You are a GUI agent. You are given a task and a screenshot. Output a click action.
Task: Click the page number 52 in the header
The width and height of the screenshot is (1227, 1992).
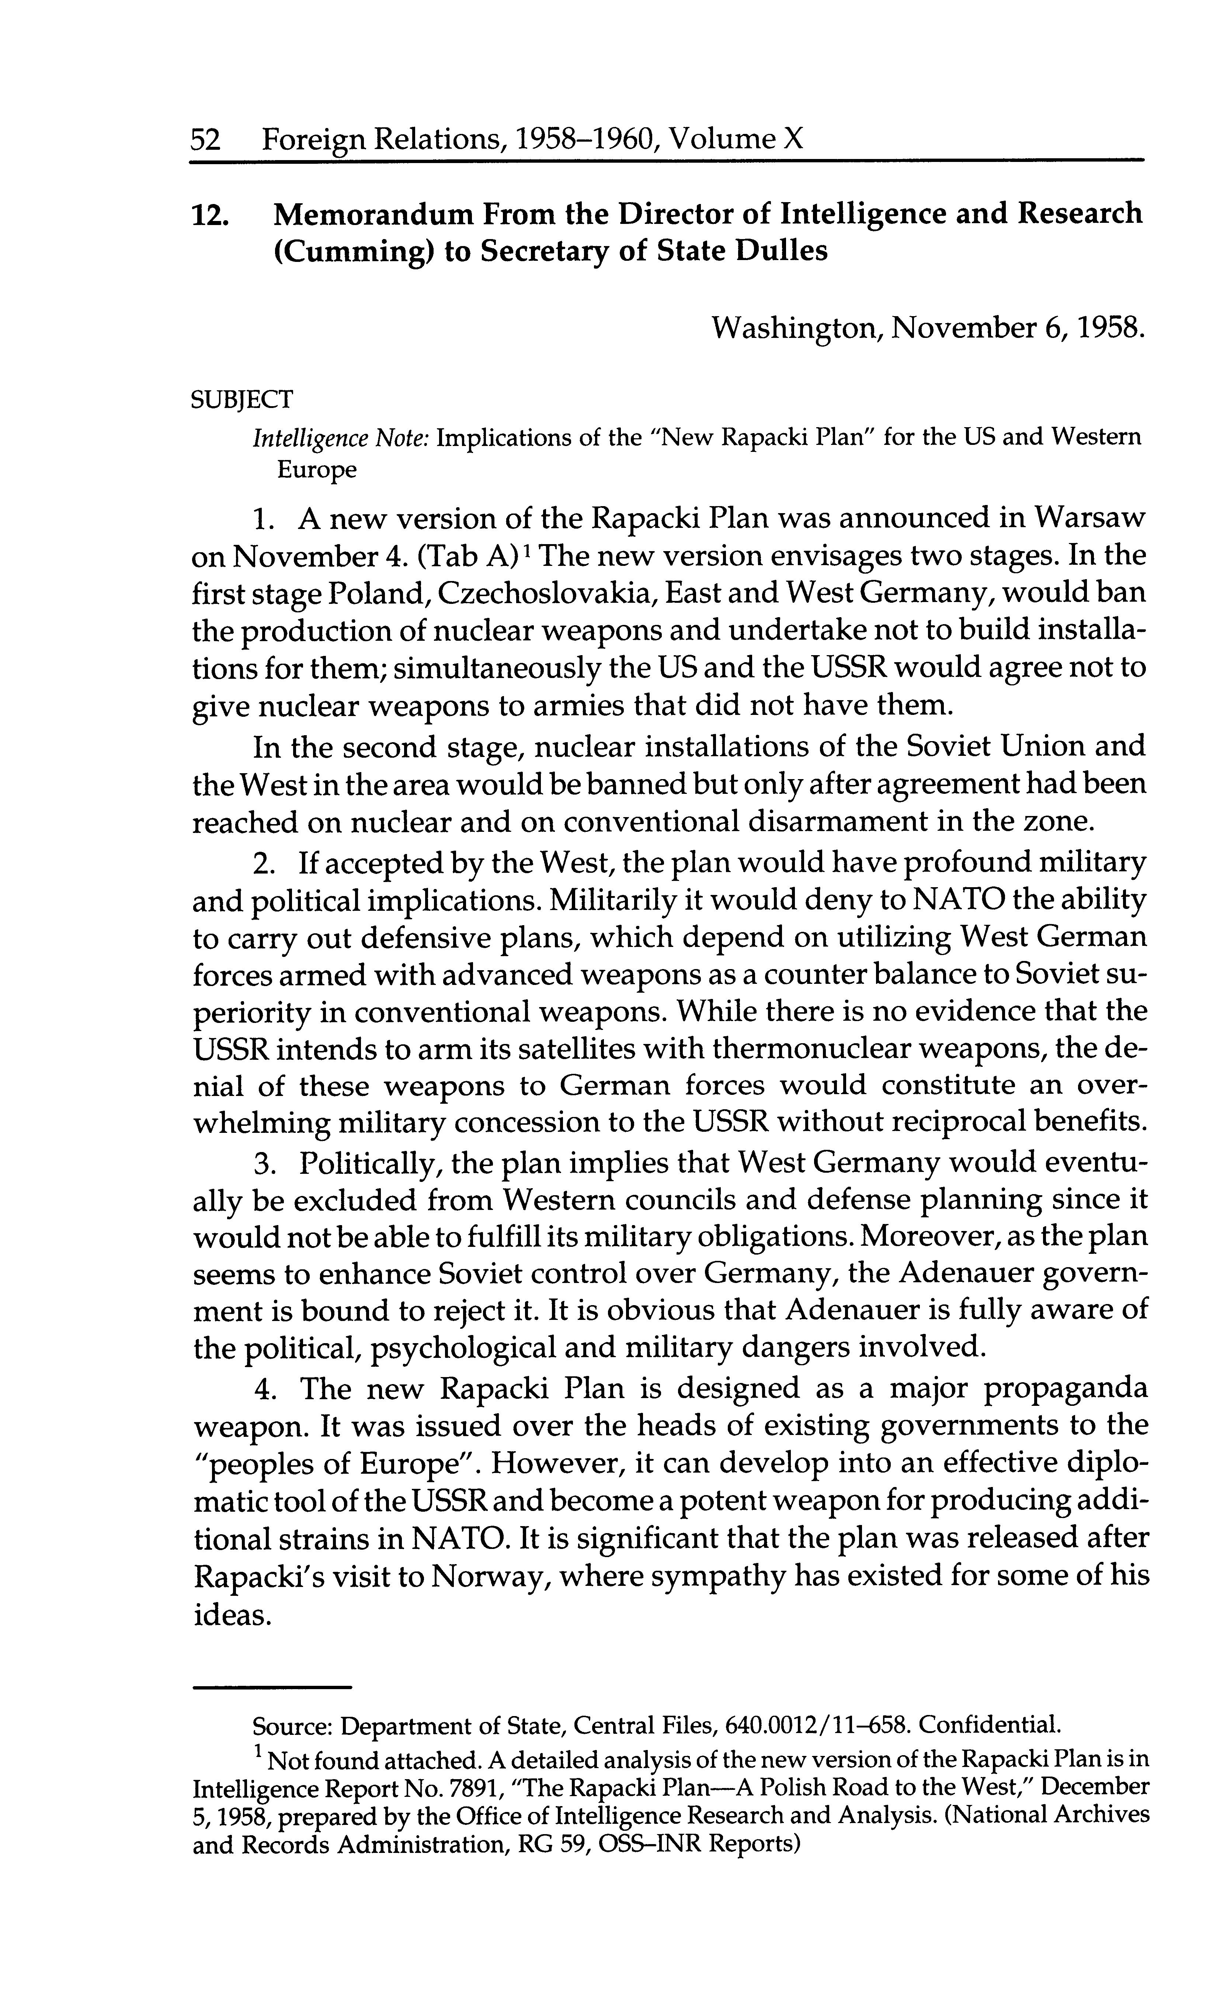click(x=205, y=139)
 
